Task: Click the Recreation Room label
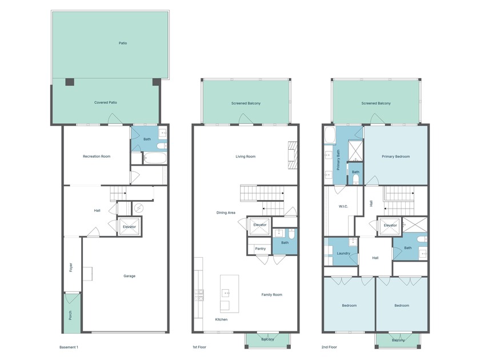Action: tap(97, 156)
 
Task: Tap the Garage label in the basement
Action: tap(130, 276)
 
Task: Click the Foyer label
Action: tap(71, 267)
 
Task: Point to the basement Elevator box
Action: tap(129, 227)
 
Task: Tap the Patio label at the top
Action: tap(123, 43)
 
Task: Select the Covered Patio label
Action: tap(106, 103)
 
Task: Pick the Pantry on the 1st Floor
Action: tap(260, 249)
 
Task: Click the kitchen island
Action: tap(229, 285)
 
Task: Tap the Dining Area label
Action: tap(226, 213)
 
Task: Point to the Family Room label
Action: tap(272, 295)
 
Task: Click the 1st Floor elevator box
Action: tap(260, 225)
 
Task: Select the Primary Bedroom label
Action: tap(395, 156)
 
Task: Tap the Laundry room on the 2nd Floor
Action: tap(343, 253)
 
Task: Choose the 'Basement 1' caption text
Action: tap(69, 347)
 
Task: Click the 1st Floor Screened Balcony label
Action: tap(246, 103)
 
